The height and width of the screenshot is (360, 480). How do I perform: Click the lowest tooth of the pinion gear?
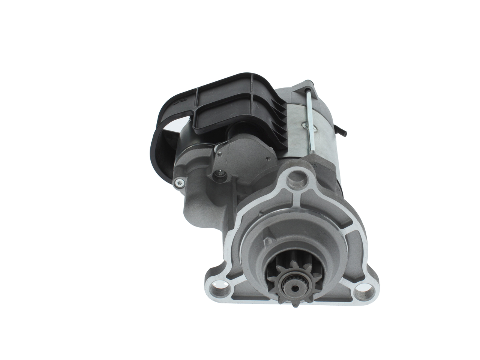tap(295, 302)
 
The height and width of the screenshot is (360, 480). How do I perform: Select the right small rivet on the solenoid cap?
tap(267, 158)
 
